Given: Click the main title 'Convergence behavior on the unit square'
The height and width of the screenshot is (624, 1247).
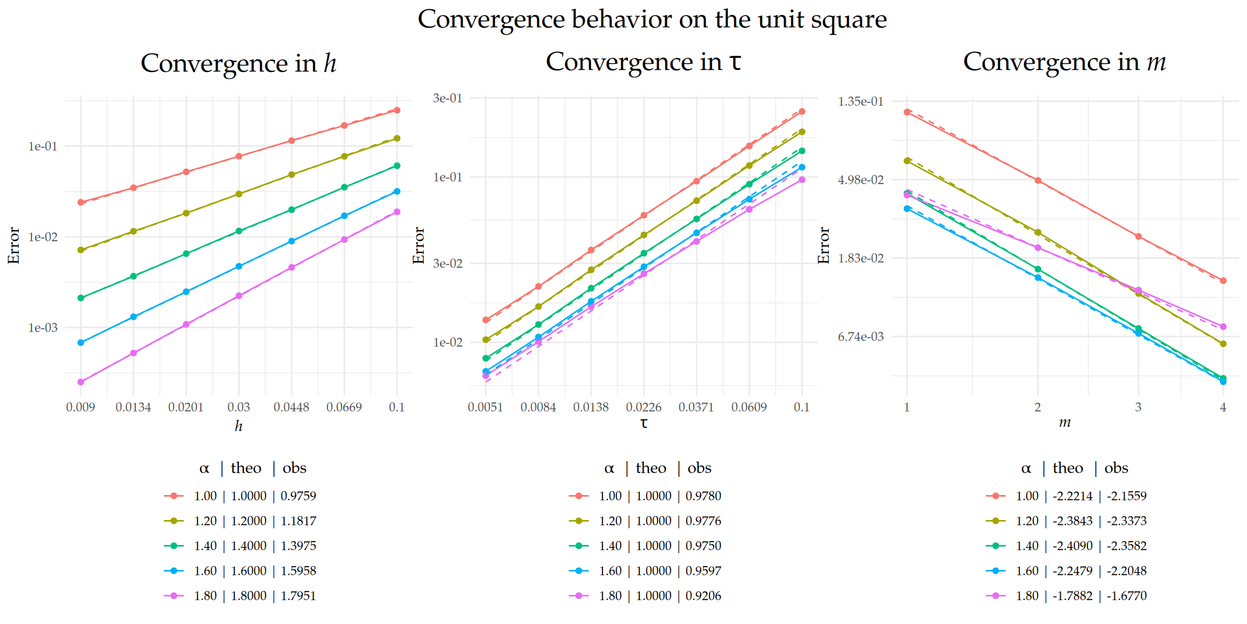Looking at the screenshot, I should pyautogui.click(x=652, y=19).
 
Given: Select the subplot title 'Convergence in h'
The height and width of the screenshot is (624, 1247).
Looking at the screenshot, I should pyautogui.click(x=238, y=63).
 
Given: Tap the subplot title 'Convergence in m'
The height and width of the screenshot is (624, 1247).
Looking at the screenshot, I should pyautogui.click(x=1064, y=62).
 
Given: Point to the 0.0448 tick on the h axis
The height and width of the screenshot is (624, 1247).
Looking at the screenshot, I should pyautogui.click(x=291, y=407).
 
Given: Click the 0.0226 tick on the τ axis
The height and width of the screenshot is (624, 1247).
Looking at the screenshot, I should pyautogui.click(x=644, y=407).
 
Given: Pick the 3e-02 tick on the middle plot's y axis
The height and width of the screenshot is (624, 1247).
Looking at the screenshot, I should pyautogui.click(x=448, y=264).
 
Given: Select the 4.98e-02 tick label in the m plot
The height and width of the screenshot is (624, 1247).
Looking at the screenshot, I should pyautogui.click(x=860, y=180).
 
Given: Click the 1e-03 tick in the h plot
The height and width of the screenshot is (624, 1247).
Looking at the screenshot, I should pyautogui.click(x=42, y=328).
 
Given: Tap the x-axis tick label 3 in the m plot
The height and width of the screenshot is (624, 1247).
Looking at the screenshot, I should pyautogui.click(x=1138, y=407).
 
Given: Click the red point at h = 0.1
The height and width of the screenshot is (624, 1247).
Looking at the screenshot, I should pyautogui.click(x=397, y=110).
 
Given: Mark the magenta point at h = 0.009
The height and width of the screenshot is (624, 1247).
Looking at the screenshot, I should pyautogui.click(x=81, y=382).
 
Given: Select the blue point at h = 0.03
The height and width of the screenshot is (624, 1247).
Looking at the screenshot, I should pyautogui.click(x=239, y=266).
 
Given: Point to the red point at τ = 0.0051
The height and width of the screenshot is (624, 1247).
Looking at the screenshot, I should pyautogui.click(x=485, y=320).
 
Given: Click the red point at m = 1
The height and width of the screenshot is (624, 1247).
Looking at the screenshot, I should pyautogui.click(x=907, y=112).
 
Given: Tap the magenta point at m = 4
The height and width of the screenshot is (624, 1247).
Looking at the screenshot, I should pyautogui.click(x=1223, y=327).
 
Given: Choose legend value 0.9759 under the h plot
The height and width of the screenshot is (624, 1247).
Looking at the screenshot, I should pyautogui.click(x=298, y=496).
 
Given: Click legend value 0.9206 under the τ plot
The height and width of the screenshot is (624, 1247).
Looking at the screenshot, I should pyautogui.click(x=703, y=596).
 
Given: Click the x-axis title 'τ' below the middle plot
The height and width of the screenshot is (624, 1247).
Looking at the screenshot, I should pyautogui.click(x=644, y=424).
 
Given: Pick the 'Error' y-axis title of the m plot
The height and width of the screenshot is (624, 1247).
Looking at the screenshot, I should pyautogui.click(x=824, y=245).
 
